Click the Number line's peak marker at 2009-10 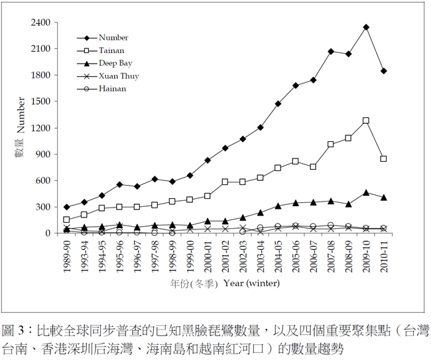(x=366, y=27)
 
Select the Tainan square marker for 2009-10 (x=366, y=121)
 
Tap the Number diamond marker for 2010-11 (x=384, y=71)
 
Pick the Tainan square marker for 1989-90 (x=66, y=219)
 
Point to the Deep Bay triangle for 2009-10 (x=366, y=192)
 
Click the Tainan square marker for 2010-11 (x=384, y=158)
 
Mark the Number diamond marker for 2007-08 (x=331, y=51)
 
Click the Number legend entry (x=113, y=38)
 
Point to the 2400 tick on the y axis (x=41, y=23)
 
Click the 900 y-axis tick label (x=44, y=154)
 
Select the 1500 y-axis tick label (x=41, y=101)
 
